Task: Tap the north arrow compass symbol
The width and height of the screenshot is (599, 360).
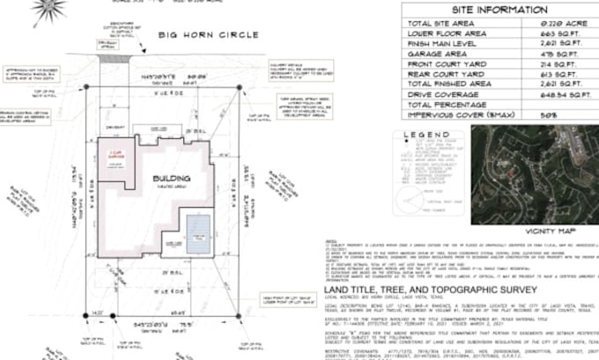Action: pos(50,9)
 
